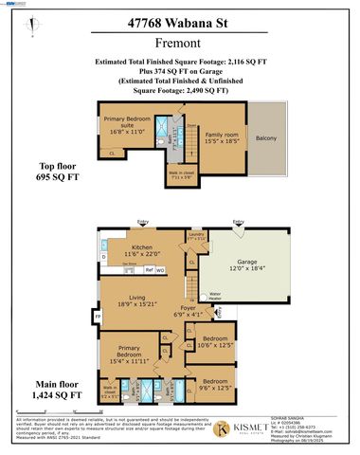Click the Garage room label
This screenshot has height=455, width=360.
pos(249,268)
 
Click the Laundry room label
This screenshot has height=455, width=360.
pos(195,237)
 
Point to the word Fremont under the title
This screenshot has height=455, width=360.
pos(179,47)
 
